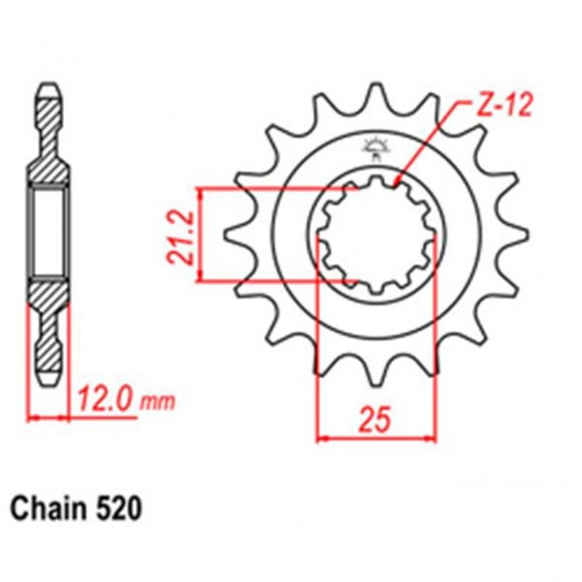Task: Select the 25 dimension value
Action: [377, 420]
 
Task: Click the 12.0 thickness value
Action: [105, 399]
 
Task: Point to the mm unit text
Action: [156, 402]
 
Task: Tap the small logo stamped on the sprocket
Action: [377, 147]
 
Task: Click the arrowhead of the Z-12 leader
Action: [396, 182]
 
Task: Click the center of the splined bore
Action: [377, 235]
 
